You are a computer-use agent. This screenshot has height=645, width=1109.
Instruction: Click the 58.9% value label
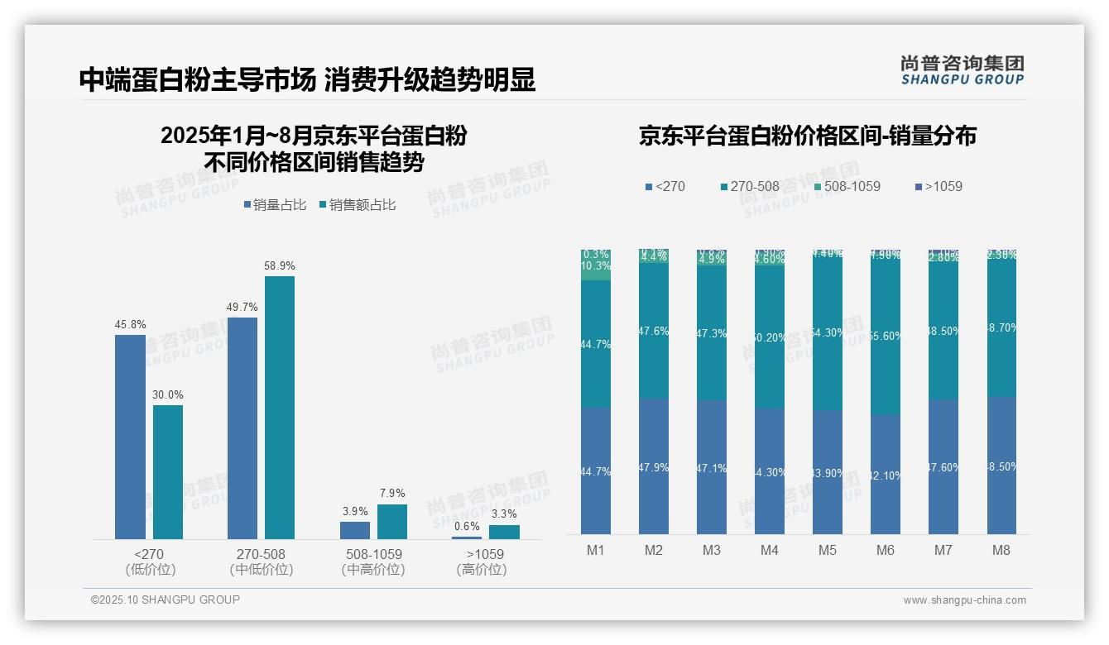click(x=280, y=266)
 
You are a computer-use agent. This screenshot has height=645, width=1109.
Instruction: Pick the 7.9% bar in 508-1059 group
click(x=392, y=522)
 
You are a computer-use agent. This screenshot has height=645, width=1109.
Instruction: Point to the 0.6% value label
click(x=467, y=527)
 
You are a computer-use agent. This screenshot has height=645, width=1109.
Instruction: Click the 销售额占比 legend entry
click(x=357, y=205)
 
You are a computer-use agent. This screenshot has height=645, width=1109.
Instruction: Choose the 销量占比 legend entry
click(x=274, y=205)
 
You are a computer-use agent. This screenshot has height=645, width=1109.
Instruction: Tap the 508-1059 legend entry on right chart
click(x=842, y=187)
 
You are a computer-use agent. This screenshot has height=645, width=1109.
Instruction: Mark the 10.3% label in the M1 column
click(x=596, y=267)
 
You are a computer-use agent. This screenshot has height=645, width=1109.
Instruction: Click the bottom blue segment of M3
click(x=712, y=467)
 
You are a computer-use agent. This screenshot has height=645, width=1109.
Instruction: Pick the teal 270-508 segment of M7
click(x=943, y=331)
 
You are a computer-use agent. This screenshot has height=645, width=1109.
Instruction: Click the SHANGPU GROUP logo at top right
click(x=962, y=70)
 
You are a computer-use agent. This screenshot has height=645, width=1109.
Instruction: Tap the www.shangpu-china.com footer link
click(x=964, y=600)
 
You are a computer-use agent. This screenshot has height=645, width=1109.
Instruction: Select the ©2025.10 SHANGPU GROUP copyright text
click(x=166, y=600)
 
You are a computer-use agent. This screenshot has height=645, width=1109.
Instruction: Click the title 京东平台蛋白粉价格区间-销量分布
click(x=807, y=136)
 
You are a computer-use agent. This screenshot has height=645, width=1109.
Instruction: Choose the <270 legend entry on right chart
click(x=665, y=187)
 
